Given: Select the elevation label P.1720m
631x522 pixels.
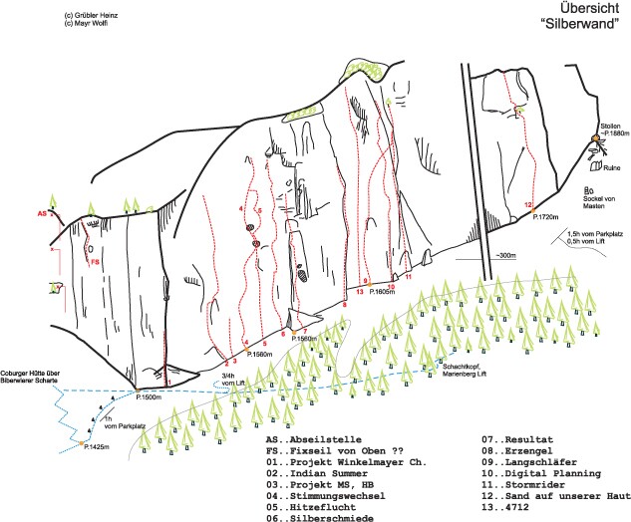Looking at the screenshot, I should [546, 216].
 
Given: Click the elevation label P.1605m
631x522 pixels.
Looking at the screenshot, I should [383, 292].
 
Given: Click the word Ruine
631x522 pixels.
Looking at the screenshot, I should [611, 167].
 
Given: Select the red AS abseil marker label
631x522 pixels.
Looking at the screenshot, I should [42, 213].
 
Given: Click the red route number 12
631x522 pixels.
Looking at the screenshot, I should [527, 205].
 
